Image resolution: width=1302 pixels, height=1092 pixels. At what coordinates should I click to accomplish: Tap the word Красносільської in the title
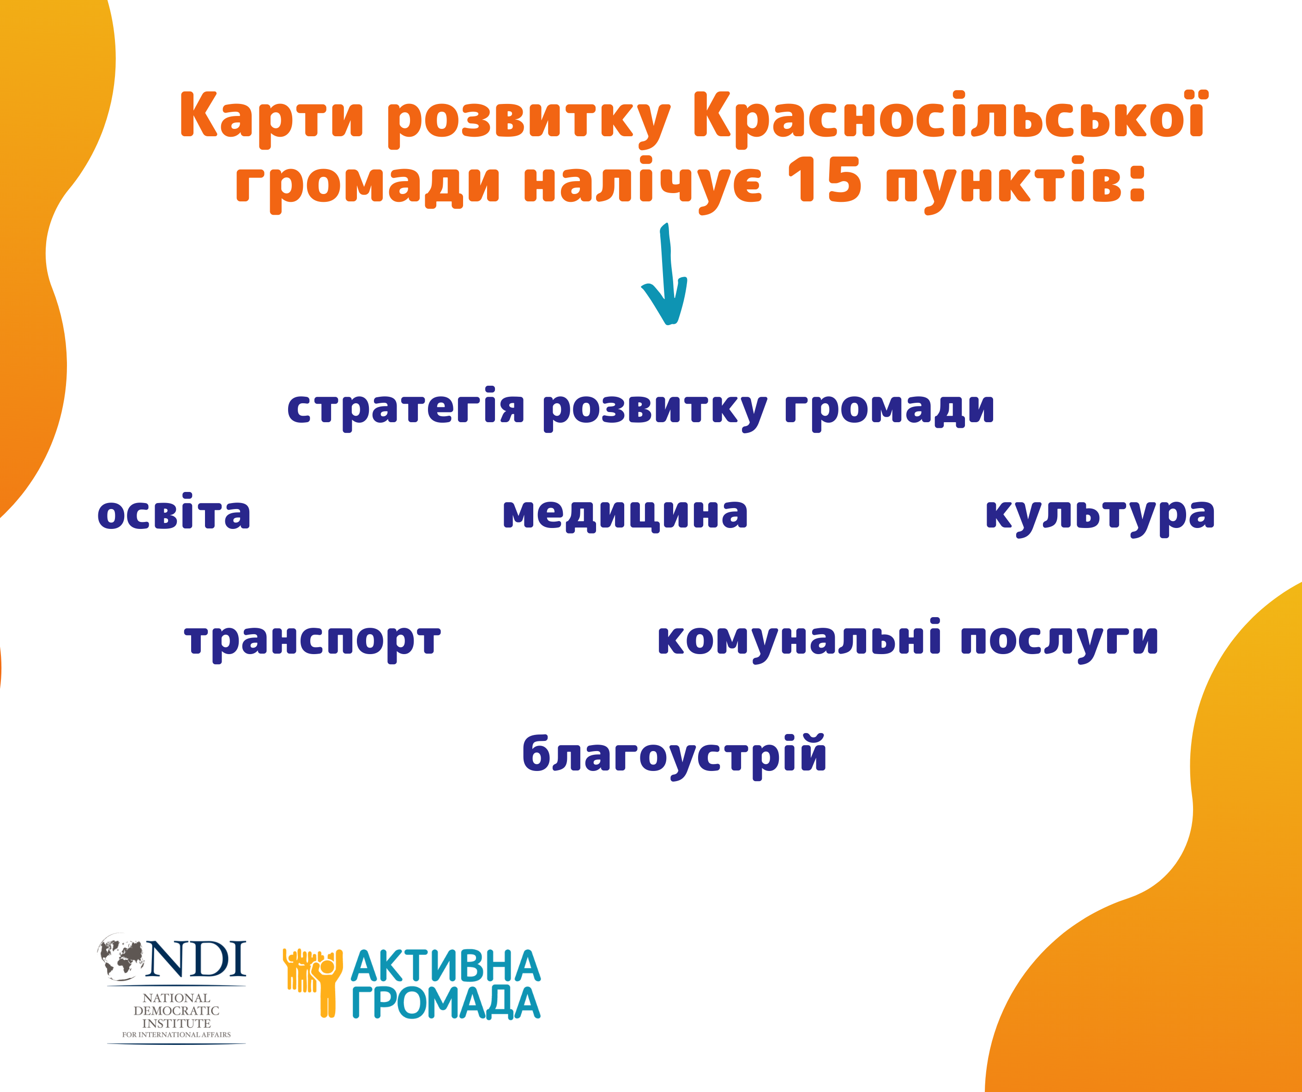point(949,118)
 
